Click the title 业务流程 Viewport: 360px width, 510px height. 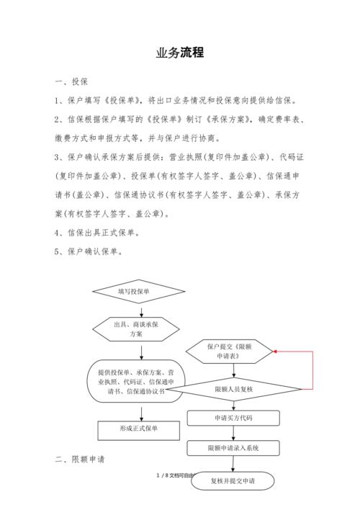tap(180, 53)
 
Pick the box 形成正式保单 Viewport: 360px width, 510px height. tap(139, 429)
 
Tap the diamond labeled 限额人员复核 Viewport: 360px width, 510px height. tap(233, 388)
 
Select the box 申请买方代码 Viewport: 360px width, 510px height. tap(233, 418)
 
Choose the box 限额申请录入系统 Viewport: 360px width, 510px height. tap(233, 448)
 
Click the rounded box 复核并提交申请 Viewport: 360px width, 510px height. tap(233, 480)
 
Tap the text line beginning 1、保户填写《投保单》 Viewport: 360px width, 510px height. tap(179, 100)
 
